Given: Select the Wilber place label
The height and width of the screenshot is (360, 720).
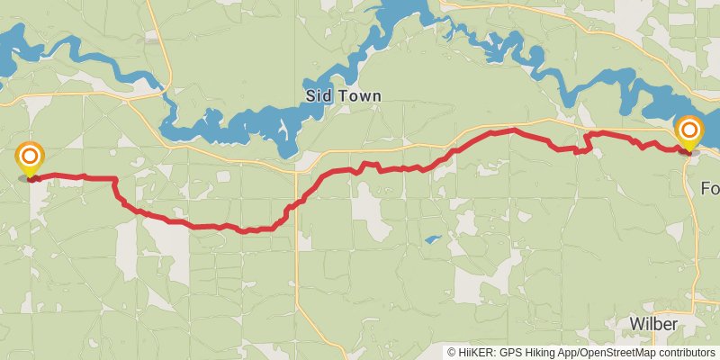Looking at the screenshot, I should pos(654,323).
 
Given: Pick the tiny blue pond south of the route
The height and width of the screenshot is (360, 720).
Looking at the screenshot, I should pos(433,239).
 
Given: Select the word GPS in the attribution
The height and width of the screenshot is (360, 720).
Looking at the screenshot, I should pos(514,352).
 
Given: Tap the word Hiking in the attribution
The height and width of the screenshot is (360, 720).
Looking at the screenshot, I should pos(544,352).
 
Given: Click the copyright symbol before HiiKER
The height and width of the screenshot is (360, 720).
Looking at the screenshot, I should pos(452,352).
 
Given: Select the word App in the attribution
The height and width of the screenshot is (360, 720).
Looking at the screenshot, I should pos(571,352).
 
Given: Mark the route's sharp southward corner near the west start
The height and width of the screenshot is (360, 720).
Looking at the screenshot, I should pos(115,179).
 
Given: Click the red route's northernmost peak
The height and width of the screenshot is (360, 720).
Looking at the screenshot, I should pos(513,130).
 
